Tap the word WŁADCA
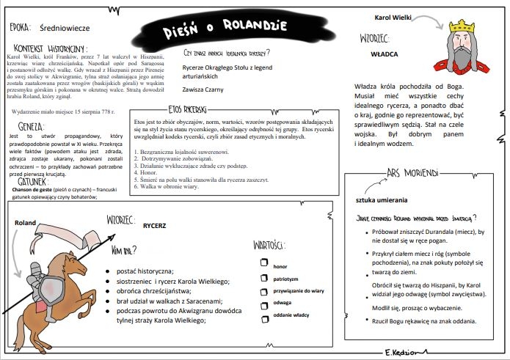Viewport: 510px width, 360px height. (384, 53)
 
